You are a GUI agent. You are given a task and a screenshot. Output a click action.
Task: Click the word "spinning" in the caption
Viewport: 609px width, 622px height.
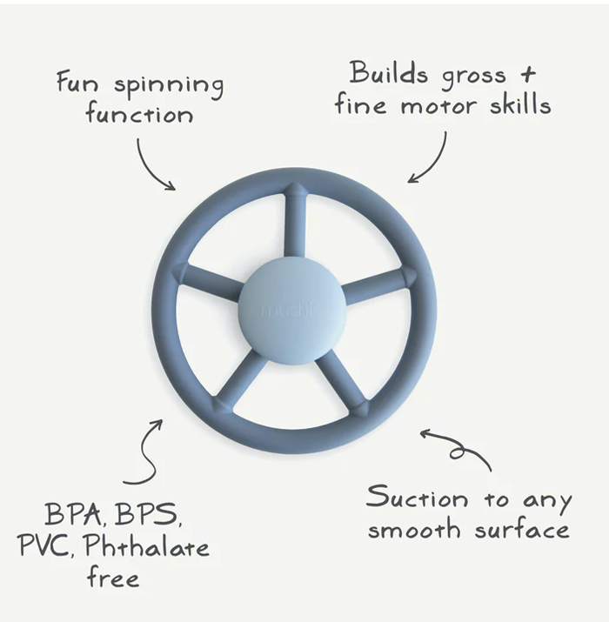click(169, 87)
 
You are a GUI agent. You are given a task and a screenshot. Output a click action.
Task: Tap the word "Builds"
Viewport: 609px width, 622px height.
click(388, 73)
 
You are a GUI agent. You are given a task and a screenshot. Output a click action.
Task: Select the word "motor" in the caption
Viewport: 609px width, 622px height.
click(438, 106)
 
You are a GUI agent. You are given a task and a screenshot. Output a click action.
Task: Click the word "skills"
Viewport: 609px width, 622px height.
click(520, 104)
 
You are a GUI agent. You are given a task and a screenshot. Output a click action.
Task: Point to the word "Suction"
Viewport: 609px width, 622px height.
click(417, 497)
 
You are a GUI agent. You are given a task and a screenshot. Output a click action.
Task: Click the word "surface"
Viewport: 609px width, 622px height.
click(522, 528)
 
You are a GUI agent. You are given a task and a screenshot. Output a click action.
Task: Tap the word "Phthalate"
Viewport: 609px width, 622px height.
click(146, 546)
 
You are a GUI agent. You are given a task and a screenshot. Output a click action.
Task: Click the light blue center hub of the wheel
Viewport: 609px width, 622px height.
click(292, 310)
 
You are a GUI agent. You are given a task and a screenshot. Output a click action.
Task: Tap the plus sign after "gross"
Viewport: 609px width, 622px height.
click(528, 74)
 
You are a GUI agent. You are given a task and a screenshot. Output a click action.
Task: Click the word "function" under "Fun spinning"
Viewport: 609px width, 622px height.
click(139, 115)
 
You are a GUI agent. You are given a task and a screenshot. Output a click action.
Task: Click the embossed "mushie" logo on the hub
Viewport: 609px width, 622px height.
click(292, 310)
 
